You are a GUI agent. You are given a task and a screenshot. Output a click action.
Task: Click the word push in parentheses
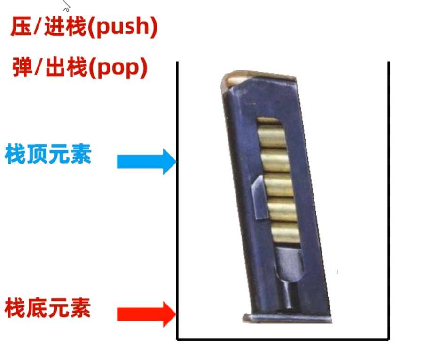click(x=123, y=27)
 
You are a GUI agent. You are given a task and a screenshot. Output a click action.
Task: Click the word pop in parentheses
click(x=118, y=68)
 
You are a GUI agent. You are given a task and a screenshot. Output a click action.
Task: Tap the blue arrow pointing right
click(x=147, y=162)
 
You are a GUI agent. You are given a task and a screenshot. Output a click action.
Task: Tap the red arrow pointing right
click(x=147, y=314)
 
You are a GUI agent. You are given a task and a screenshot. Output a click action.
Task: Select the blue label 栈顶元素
click(x=48, y=154)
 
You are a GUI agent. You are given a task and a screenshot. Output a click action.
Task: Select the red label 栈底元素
click(x=47, y=308)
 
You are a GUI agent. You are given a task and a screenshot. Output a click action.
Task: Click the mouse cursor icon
click(x=66, y=6)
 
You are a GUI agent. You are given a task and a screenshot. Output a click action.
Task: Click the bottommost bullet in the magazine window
click(x=285, y=233)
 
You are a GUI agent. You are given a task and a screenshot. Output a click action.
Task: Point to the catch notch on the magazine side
click(x=259, y=197)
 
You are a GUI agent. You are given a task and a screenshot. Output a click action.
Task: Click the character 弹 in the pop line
click(x=23, y=67)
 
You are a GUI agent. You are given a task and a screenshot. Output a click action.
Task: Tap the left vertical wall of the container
click(x=177, y=201)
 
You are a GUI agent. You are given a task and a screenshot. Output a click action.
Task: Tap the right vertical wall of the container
click(x=389, y=201)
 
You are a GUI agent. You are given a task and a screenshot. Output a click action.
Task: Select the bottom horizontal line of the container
click(x=283, y=339)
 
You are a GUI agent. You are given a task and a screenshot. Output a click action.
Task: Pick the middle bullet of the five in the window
click(x=279, y=185)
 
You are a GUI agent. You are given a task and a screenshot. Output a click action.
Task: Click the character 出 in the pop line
click(x=56, y=67)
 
